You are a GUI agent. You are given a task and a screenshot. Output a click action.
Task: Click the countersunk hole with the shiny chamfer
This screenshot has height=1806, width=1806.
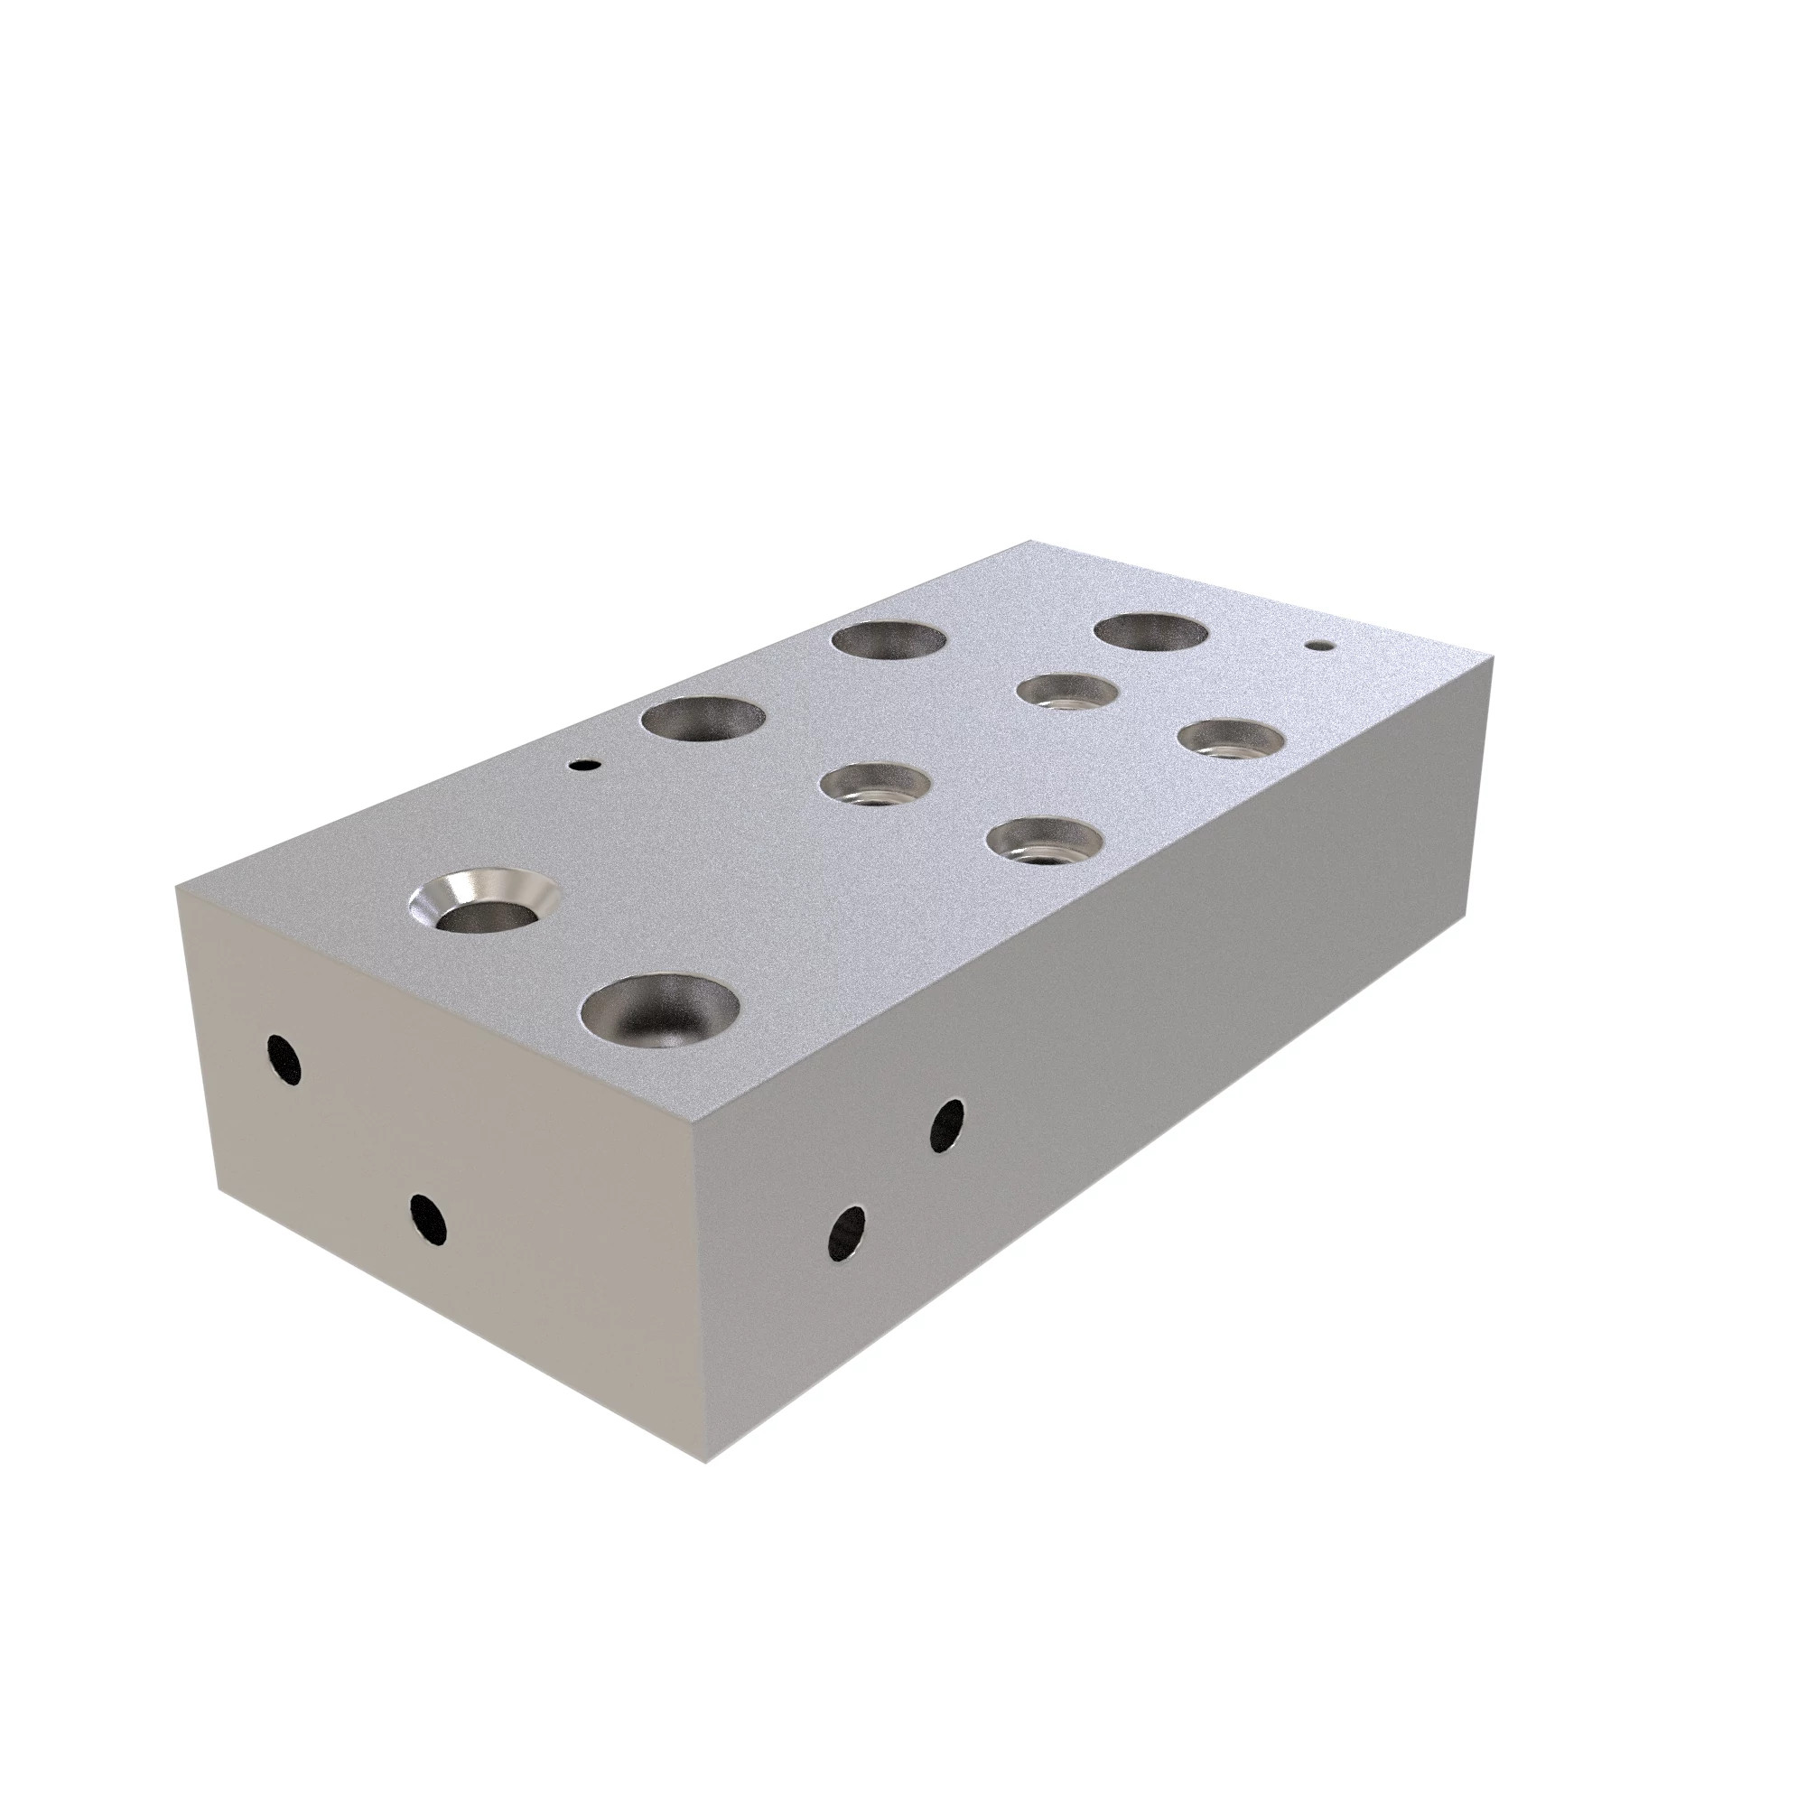484,903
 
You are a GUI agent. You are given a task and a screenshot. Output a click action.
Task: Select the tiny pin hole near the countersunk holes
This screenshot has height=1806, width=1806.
585,765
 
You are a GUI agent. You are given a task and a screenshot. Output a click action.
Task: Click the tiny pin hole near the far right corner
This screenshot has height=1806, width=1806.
1319,645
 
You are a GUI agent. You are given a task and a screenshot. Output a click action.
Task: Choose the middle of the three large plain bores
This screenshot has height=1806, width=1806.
889,642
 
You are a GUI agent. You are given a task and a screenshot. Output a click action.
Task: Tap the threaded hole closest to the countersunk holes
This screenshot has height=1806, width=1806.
876,782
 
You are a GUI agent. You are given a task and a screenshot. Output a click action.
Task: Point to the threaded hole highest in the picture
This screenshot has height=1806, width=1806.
1067,693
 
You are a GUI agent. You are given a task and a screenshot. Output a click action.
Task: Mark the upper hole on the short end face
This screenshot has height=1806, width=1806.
284,1060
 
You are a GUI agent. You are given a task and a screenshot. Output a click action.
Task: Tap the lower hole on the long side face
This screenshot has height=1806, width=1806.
847,1233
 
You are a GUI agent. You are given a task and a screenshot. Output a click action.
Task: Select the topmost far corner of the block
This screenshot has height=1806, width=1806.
1029,540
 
